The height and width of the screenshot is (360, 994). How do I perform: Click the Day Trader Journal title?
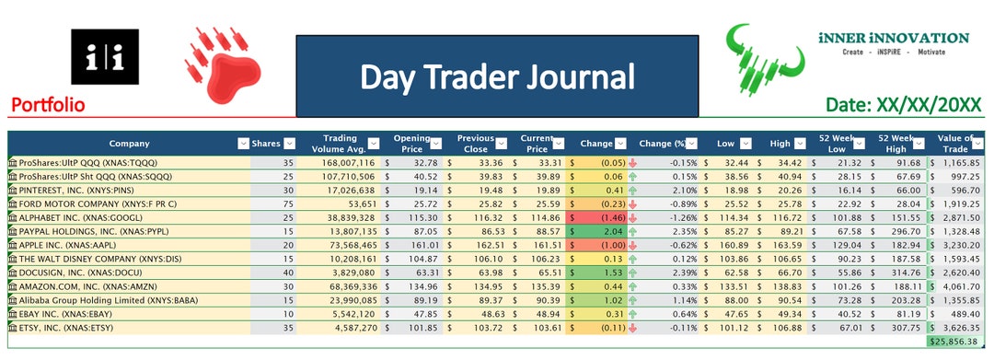tap(497, 76)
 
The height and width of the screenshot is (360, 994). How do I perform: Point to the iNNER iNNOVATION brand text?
tap(892, 38)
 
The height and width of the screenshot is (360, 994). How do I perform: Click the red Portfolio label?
tap(48, 106)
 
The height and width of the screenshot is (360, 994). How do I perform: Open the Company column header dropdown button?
tap(243, 143)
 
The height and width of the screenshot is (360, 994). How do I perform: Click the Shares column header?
tap(266, 143)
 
